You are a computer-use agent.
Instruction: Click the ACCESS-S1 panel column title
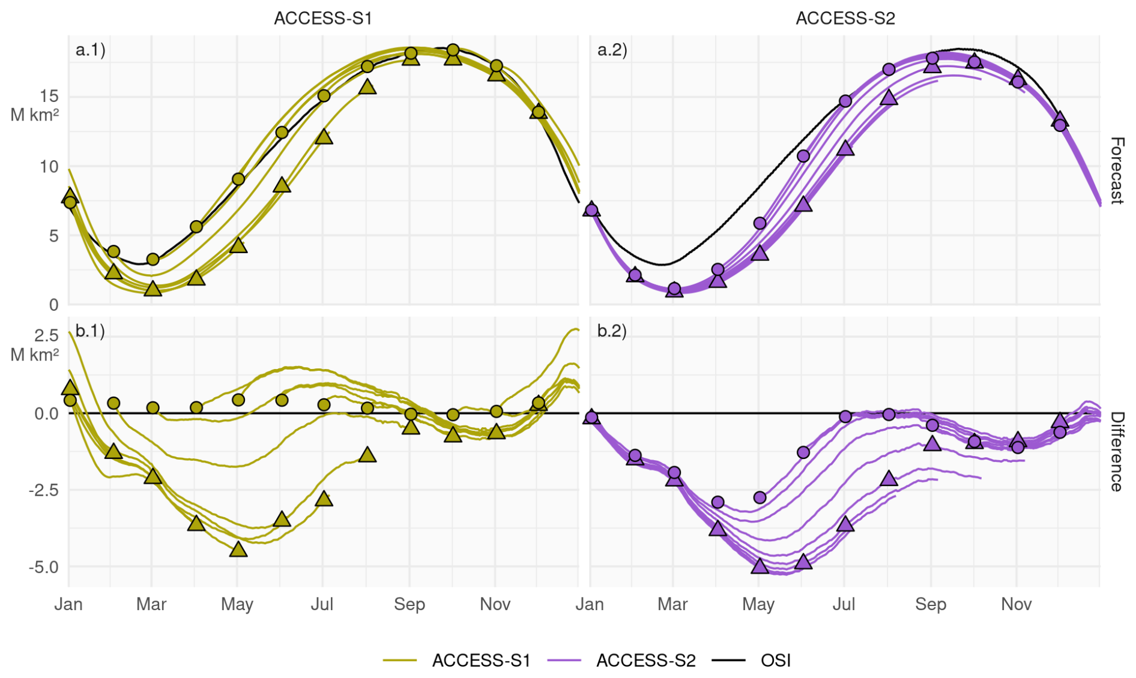click(323, 19)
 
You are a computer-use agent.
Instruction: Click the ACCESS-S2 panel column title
click(845, 19)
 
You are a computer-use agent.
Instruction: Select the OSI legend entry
click(775, 661)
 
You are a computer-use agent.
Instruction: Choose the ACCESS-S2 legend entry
click(645, 661)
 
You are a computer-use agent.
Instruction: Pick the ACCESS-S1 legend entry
click(481, 661)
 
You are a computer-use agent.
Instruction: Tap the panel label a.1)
click(90, 50)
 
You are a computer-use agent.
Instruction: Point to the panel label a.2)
click(612, 50)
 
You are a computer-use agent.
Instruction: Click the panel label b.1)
click(90, 331)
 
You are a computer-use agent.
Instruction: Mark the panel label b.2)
click(612, 331)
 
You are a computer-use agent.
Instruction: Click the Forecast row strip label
click(1116, 170)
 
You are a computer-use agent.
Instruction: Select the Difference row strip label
click(1116, 451)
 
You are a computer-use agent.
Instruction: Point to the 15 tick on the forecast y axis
click(49, 96)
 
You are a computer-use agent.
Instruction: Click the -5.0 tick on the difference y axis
click(43, 567)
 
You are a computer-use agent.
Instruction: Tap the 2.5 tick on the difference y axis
click(46, 335)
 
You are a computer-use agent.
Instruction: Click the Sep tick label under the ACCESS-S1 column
click(409, 604)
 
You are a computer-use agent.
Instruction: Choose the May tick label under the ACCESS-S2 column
click(758, 604)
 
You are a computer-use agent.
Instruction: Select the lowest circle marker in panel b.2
click(718, 502)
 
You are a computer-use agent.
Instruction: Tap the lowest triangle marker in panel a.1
click(153, 289)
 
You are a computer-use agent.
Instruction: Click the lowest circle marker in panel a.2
click(674, 289)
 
